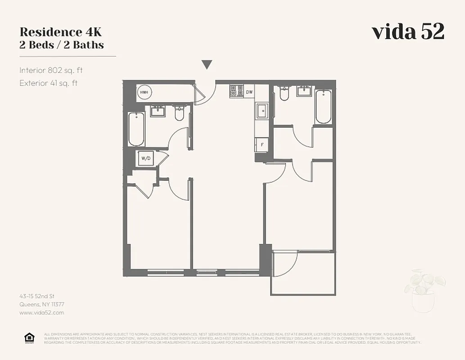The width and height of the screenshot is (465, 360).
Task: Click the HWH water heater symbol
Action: click(x=144, y=92)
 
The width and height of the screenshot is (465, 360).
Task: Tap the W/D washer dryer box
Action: click(x=146, y=158)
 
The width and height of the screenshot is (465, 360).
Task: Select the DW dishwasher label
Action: click(x=249, y=92)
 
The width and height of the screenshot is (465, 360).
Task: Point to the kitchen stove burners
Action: click(x=237, y=91)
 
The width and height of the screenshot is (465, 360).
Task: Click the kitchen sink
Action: click(x=262, y=111)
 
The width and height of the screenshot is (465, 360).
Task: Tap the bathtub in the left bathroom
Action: click(x=136, y=129)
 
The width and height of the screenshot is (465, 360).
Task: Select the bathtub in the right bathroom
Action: click(x=323, y=107)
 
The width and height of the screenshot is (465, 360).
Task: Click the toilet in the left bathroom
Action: click(x=179, y=113)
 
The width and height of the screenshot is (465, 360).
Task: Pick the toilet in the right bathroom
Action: click(x=284, y=93)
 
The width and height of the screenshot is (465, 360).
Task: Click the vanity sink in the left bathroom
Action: click(x=158, y=111)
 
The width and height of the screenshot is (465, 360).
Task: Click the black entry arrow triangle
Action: click(x=207, y=65)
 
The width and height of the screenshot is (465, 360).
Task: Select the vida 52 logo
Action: click(x=408, y=31)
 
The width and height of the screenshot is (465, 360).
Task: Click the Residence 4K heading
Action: click(x=60, y=32)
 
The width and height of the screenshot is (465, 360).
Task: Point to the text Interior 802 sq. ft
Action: click(x=51, y=70)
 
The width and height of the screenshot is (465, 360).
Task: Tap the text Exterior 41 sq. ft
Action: click(x=48, y=83)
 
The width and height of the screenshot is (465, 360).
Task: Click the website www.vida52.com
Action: click(x=41, y=312)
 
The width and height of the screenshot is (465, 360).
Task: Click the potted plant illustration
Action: click(x=424, y=290)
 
